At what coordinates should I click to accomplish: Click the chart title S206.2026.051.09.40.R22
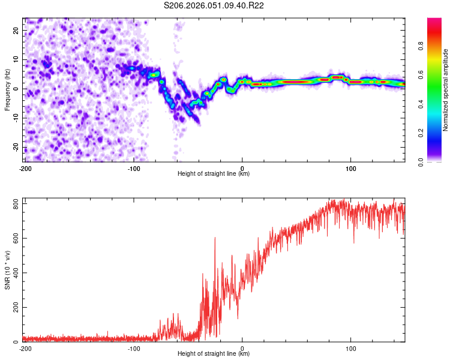[214, 5]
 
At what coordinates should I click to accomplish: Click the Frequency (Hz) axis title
[7, 89]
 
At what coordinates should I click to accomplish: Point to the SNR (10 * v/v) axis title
[7, 270]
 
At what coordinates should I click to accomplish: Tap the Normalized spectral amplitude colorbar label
[445, 90]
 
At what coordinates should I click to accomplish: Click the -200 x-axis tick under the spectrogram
[25, 168]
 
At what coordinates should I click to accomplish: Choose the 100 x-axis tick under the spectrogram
[351, 168]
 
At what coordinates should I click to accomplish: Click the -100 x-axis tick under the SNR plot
[133, 348]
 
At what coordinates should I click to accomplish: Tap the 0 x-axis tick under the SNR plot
[242, 348]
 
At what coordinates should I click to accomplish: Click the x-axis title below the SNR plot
[214, 354]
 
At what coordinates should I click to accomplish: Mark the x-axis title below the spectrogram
[214, 174]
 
